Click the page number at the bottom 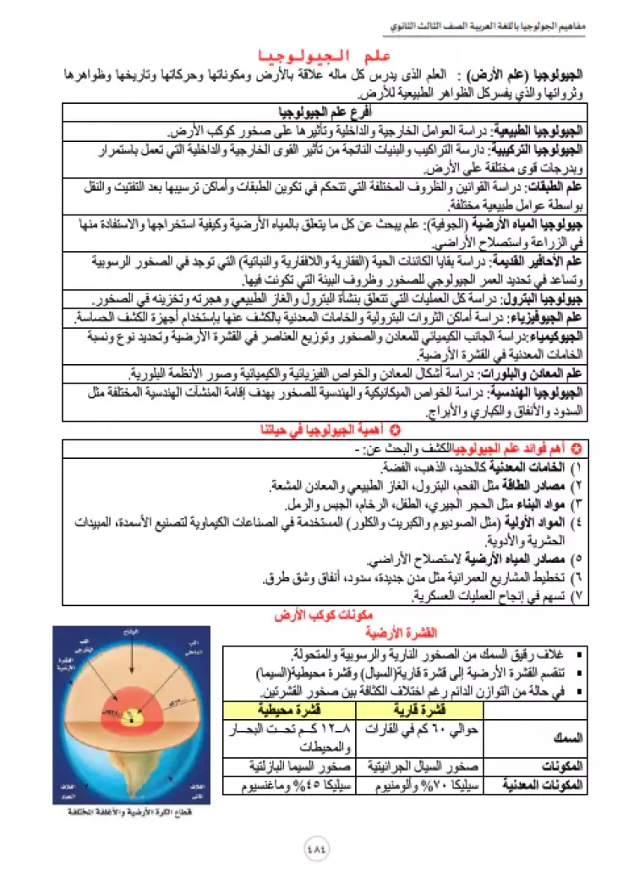point(317,848)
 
